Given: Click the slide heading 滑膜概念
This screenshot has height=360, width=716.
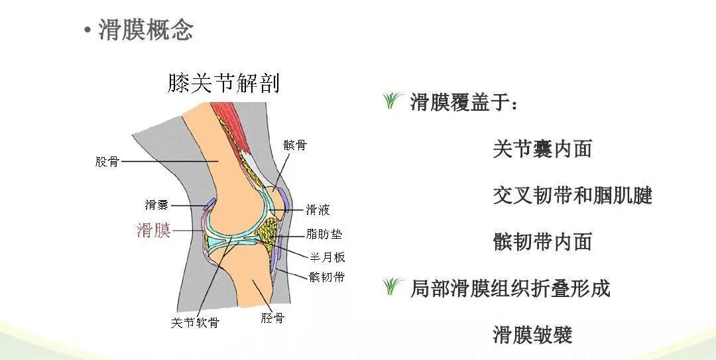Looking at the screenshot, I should click(x=146, y=30).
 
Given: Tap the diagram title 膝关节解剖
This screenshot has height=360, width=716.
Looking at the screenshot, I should click(x=223, y=83).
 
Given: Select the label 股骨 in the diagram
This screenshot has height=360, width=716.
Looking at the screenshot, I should click(x=107, y=161).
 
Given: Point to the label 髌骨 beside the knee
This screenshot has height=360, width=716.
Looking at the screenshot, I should click(x=295, y=145).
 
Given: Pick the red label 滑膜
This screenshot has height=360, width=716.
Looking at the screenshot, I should click(x=154, y=230).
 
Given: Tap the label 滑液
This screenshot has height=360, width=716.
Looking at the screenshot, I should click(x=318, y=210).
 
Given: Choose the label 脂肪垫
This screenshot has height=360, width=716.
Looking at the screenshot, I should click(x=324, y=234).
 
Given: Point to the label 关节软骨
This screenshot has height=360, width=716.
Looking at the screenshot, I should click(x=195, y=323).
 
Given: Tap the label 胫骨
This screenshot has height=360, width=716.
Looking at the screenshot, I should click(x=272, y=318).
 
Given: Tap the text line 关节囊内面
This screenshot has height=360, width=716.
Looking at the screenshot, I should click(x=542, y=149).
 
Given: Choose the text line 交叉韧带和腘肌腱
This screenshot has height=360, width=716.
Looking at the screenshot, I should click(x=573, y=195).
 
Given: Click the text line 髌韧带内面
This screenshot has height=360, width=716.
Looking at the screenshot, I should click(x=542, y=241).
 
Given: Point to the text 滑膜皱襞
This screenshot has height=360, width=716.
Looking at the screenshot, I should click(x=532, y=334).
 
